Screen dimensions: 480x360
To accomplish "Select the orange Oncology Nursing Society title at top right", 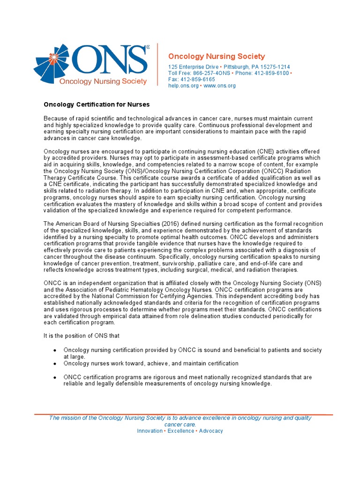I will pos(217,56).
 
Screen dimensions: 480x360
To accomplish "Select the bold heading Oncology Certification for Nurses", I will pos(97,104).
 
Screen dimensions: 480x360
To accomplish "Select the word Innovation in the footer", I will pos(150,431).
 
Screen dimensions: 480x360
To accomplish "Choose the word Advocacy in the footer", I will pos(211,431).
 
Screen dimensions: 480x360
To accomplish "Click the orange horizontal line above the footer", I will pos(184,414).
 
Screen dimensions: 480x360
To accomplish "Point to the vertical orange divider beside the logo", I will pos(157,66).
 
